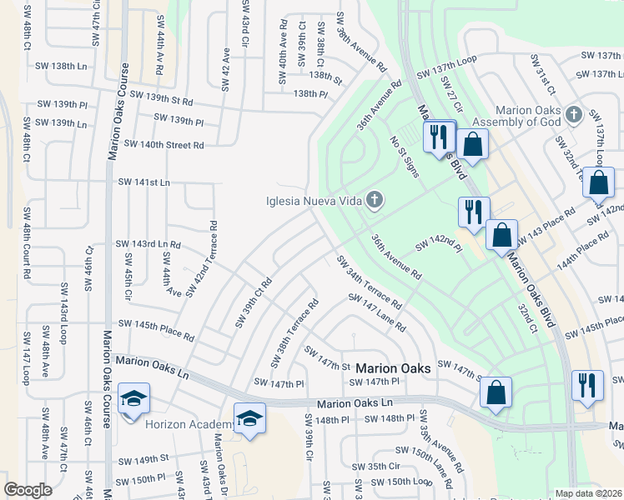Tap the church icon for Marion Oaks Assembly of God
(x=573, y=114)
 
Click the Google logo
(x=28, y=490)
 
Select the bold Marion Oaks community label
(x=393, y=367)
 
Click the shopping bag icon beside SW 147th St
(x=496, y=392)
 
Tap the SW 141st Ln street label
(x=143, y=182)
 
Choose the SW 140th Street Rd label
(x=164, y=144)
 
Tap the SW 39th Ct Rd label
(x=254, y=302)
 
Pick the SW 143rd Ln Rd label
(x=148, y=244)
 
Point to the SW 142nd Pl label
(x=439, y=245)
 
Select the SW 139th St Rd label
(x=156, y=99)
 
